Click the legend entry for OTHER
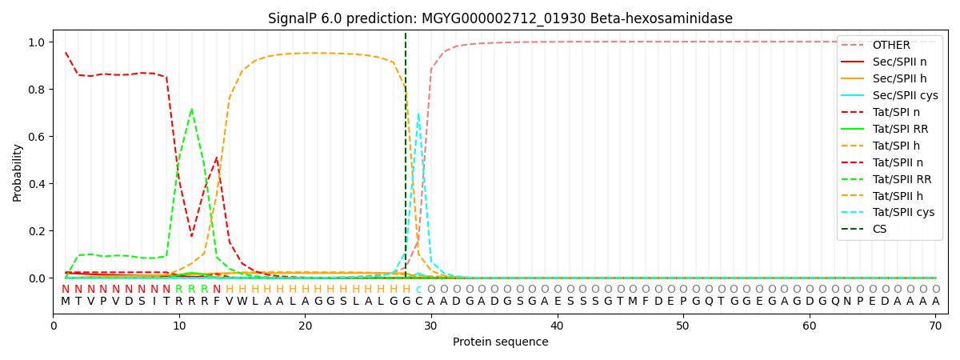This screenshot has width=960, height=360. tap(888, 45)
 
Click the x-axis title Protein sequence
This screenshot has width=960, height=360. tap(500, 342)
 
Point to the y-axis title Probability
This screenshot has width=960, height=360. tap(18, 172)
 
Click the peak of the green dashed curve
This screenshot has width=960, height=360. tap(191, 110)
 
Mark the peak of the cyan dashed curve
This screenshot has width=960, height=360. tap(418, 114)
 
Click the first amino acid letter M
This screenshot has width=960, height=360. tap(66, 302)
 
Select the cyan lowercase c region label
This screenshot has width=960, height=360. tap(418, 290)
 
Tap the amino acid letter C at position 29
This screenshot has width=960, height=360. tap(418, 302)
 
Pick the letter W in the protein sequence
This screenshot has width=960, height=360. tap(242, 302)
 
